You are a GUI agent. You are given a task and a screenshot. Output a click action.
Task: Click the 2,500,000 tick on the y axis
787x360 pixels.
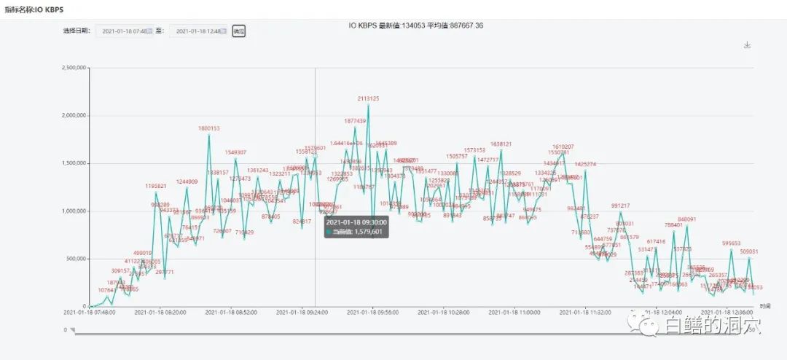[x=75, y=67]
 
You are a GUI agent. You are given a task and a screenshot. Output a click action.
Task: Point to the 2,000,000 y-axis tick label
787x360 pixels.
[x=75, y=115]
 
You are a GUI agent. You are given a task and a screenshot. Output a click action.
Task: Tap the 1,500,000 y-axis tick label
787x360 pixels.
[x=75, y=163]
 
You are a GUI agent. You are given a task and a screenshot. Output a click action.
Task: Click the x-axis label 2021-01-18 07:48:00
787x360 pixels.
[x=89, y=312]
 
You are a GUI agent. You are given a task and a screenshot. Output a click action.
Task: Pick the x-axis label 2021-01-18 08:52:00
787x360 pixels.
[x=231, y=312]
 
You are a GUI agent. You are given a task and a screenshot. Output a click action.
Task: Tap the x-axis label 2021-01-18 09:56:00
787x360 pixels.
[x=372, y=312]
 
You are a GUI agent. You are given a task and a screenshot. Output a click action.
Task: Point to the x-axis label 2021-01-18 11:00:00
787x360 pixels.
[x=514, y=312]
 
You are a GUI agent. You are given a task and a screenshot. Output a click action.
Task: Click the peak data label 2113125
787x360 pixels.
[x=368, y=98]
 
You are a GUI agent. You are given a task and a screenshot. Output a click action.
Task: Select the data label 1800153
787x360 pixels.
[x=208, y=128]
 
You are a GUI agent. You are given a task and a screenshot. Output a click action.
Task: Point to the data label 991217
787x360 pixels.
[x=620, y=206]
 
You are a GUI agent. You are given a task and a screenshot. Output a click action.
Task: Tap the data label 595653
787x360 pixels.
[x=731, y=243]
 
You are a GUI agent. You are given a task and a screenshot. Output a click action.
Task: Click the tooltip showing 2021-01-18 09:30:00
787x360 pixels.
[x=356, y=227]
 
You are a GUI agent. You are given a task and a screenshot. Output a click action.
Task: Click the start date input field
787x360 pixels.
[x=125, y=31]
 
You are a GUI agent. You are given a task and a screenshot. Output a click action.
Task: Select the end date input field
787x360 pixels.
[x=198, y=31]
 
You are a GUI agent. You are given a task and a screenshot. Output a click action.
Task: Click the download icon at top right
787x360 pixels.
[x=747, y=44]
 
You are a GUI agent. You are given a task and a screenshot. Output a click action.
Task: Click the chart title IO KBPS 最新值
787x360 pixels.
[x=415, y=26]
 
